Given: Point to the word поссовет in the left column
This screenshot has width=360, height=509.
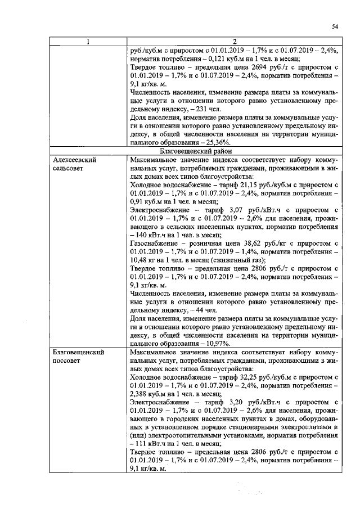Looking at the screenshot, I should [x=67, y=361].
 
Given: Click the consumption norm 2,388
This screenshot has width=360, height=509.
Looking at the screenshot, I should [x=139, y=394].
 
